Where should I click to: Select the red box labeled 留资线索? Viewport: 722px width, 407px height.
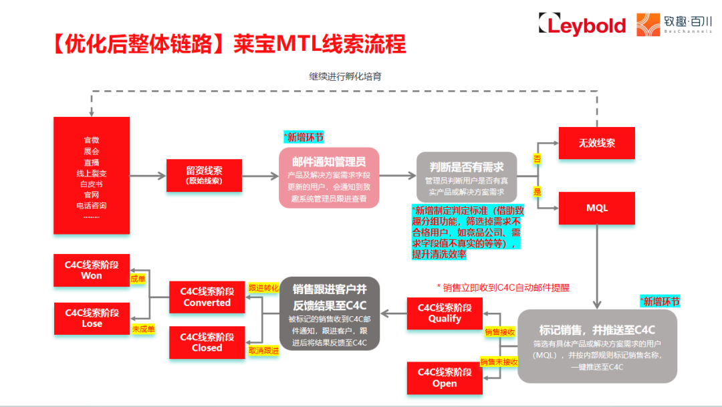204,175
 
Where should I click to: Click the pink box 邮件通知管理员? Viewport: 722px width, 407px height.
328,177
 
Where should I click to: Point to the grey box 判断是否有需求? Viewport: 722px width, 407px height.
465,177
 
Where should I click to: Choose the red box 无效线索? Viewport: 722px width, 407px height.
597,142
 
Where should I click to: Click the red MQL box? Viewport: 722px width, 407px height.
597,208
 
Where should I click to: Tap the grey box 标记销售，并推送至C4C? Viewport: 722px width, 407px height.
597,346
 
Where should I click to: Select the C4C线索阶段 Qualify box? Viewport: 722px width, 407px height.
445,313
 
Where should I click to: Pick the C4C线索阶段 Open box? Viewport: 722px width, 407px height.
445,378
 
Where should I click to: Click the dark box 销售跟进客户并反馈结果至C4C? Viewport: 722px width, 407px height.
330,313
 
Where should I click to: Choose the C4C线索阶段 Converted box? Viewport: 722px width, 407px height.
207,297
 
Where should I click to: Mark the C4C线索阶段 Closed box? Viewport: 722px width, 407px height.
207,342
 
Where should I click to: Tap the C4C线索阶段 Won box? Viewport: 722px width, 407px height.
92,270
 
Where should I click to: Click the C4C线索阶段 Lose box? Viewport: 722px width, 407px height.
92,318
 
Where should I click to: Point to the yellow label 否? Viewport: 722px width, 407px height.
537,158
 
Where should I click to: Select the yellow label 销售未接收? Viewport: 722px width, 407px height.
499,362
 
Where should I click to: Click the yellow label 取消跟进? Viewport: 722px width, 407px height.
263,350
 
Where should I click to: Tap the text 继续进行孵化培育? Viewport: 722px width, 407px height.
345,76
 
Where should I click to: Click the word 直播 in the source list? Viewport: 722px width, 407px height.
92,162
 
